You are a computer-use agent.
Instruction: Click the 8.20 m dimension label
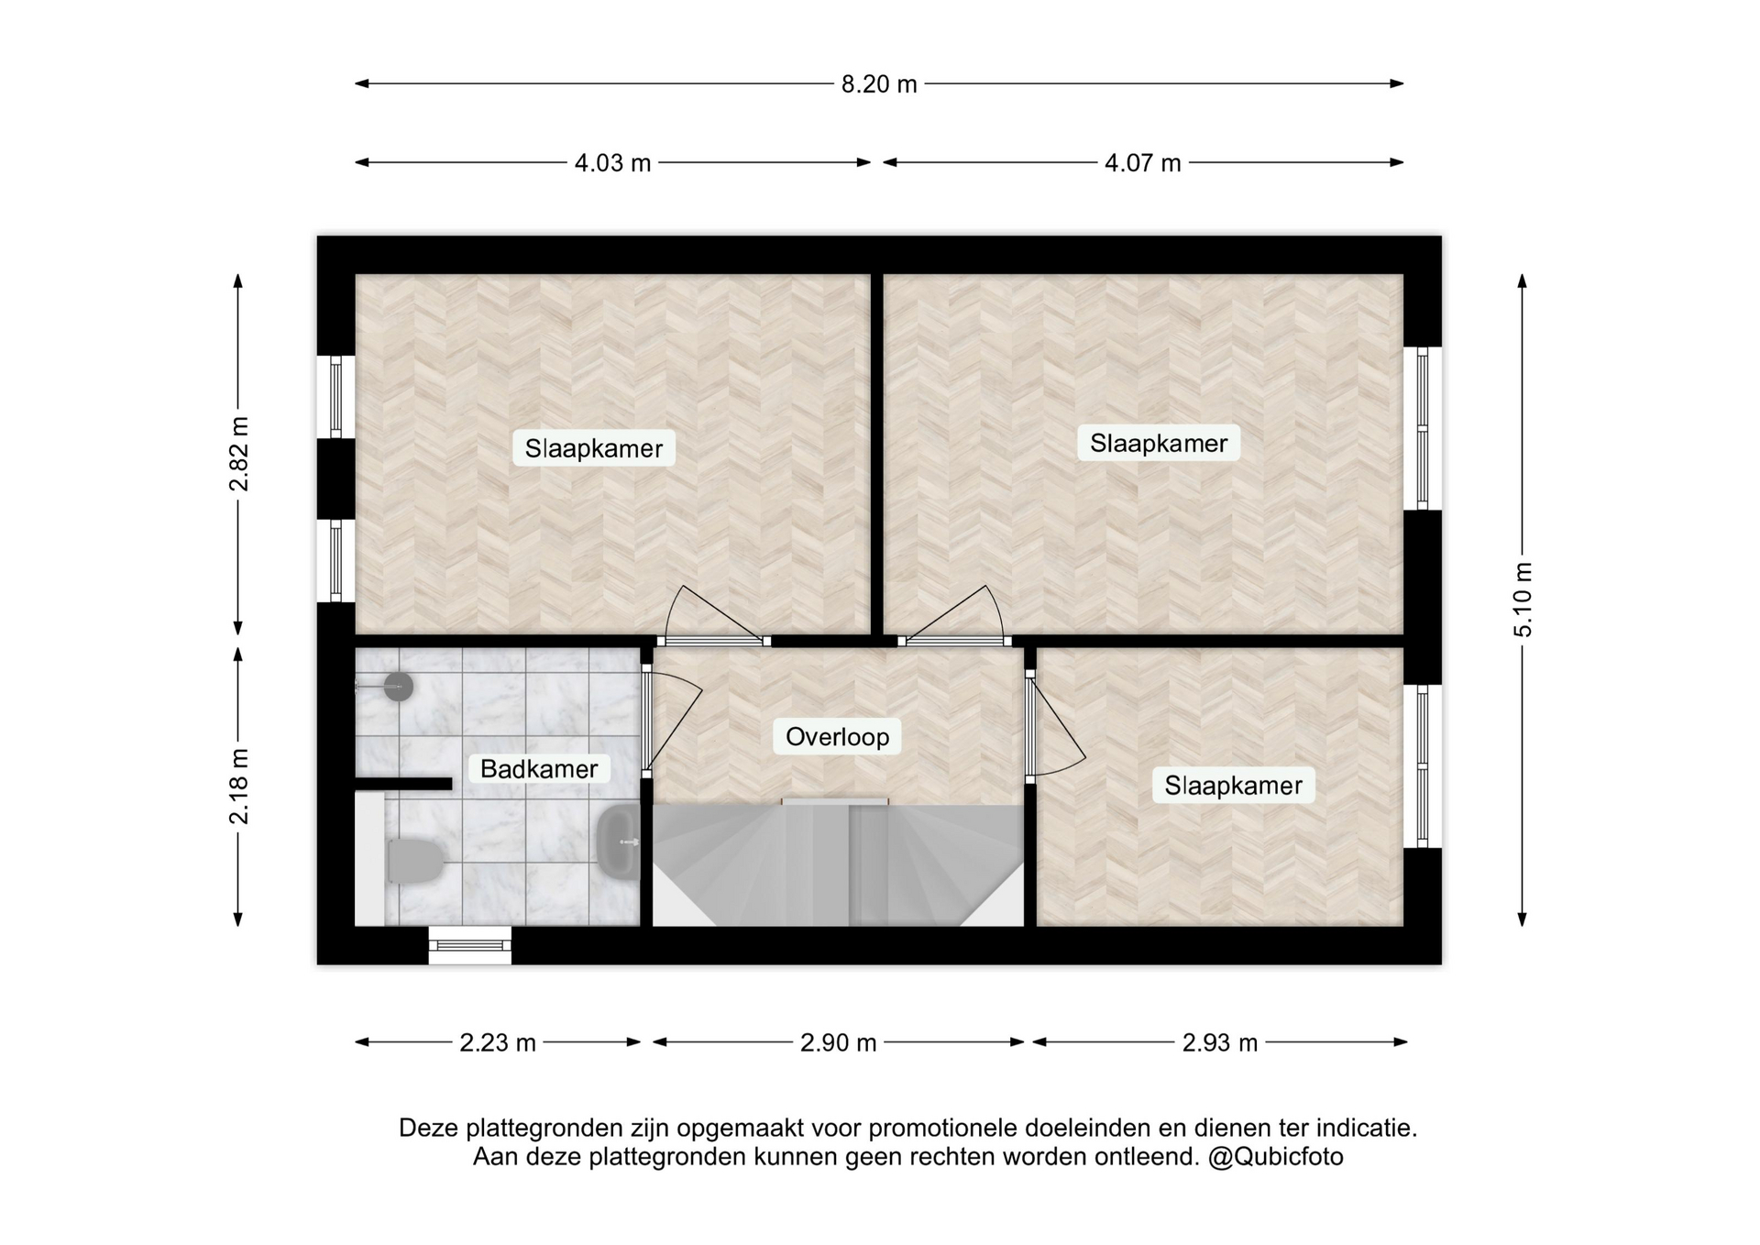(879, 84)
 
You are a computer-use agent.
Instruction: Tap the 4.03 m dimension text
(612, 163)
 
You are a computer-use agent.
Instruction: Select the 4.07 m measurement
(1142, 163)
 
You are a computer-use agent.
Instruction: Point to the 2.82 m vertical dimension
(239, 454)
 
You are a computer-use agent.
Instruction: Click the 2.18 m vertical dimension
(239, 787)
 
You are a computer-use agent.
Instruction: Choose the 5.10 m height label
(1523, 600)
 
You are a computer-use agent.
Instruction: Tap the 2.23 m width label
(498, 1042)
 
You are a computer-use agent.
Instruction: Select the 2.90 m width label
(839, 1042)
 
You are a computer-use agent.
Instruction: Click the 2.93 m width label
(1220, 1042)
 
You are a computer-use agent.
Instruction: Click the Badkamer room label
(539, 768)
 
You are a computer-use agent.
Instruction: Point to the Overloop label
(837, 737)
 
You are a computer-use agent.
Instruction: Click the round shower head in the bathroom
(398, 686)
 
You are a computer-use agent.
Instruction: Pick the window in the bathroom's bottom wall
(470, 945)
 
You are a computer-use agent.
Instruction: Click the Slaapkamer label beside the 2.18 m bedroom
(1233, 786)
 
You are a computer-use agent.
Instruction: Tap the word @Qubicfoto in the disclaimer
(1275, 1157)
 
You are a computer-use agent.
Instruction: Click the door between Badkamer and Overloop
(647, 717)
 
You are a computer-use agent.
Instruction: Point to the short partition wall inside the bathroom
(403, 784)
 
